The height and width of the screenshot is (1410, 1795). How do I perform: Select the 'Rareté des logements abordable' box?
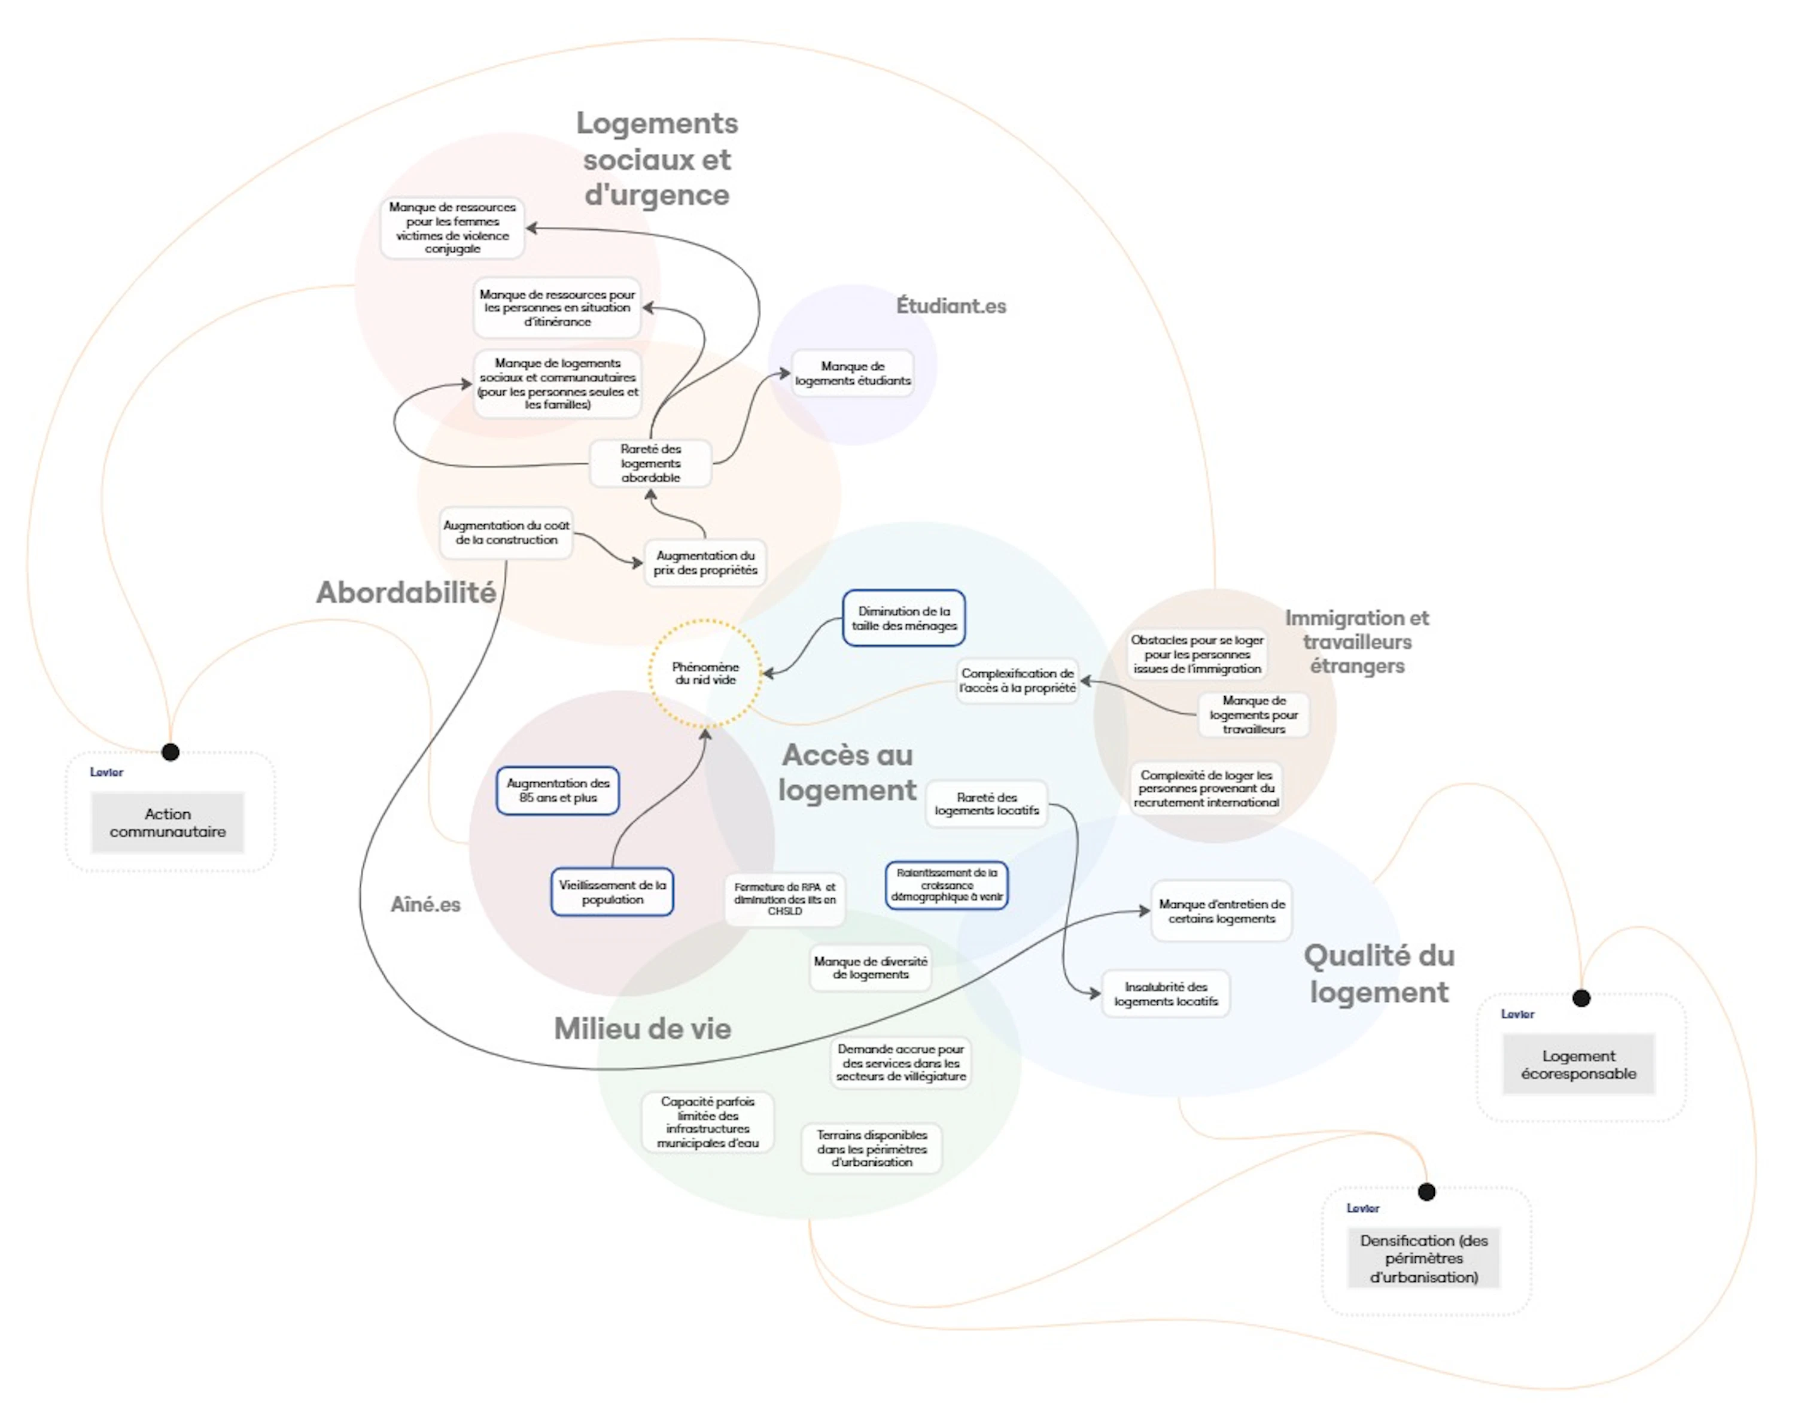coord(650,463)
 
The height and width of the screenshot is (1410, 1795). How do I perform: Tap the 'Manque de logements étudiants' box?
coord(853,373)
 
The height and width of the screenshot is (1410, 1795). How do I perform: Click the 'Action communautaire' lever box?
coord(168,822)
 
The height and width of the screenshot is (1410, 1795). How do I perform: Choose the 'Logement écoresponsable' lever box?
coord(1578,1064)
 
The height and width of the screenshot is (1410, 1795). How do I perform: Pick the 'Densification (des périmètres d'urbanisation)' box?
coord(1423,1258)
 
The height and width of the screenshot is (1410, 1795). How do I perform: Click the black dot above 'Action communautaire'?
coord(170,752)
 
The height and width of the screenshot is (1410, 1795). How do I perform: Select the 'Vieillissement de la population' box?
coord(612,892)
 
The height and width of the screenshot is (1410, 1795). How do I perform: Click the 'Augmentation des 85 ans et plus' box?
coord(558,790)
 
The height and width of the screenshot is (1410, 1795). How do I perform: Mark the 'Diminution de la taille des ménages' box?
coord(903,618)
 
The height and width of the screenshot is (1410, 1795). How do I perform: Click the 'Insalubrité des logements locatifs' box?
coord(1166,993)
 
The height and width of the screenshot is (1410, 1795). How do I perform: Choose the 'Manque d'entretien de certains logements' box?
coord(1221,910)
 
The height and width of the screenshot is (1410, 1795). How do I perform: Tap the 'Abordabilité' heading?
coord(406,592)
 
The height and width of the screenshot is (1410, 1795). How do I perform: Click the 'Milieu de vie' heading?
coord(642,1029)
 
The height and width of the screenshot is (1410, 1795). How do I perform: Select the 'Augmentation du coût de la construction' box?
coord(506,533)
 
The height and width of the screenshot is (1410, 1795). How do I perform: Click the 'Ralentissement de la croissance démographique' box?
coord(947,885)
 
